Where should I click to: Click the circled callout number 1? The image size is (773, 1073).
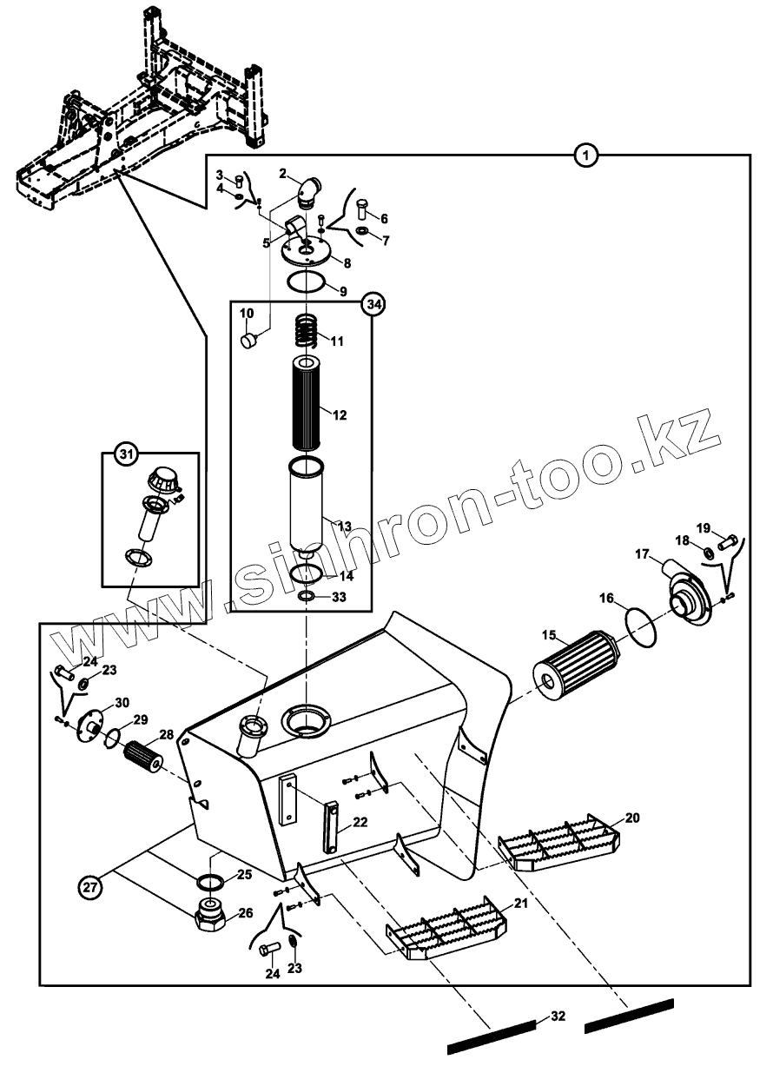tap(586, 156)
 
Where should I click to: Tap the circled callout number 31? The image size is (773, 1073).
tap(127, 454)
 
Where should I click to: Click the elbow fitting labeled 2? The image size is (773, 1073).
tap(307, 191)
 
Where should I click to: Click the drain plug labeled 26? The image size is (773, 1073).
tap(211, 915)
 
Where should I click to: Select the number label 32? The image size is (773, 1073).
tap(558, 1017)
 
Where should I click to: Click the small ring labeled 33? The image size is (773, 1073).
tap(307, 598)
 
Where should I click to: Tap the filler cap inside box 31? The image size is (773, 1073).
tap(162, 477)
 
